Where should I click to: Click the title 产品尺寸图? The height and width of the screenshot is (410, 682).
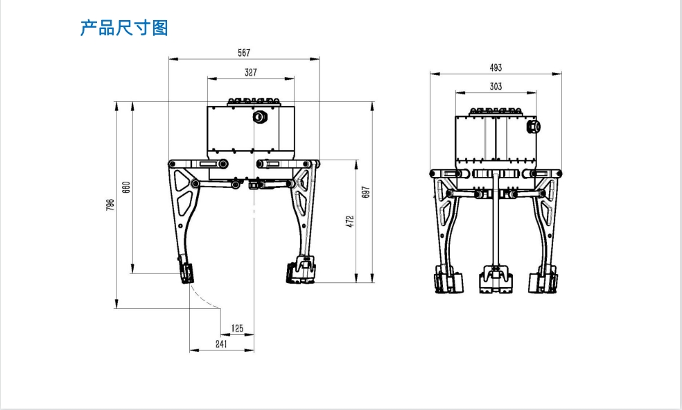click(124, 28)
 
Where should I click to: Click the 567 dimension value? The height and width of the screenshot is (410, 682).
click(244, 53)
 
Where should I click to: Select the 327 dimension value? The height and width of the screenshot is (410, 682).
click(250, 72)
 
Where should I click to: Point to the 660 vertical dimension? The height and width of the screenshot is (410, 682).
click(126, 187)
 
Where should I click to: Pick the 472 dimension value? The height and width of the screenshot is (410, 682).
click(350, 221)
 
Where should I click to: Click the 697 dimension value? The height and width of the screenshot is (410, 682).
click(366, 192)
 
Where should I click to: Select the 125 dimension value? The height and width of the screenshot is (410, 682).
click(237, 328)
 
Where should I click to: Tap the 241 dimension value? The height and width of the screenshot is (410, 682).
click(221, 344)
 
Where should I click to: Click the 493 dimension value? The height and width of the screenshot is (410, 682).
click(496, 67)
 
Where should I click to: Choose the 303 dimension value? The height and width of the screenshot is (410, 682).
click(496, 87)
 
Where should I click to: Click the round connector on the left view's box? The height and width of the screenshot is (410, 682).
click(260, 117)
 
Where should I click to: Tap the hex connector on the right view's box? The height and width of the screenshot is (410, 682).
click(534, 127)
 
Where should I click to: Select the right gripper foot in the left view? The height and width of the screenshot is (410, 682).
click(301, 271)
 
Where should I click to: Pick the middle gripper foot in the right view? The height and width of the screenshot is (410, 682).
click(496, 280)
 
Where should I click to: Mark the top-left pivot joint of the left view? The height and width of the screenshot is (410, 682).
click(173, 164)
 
